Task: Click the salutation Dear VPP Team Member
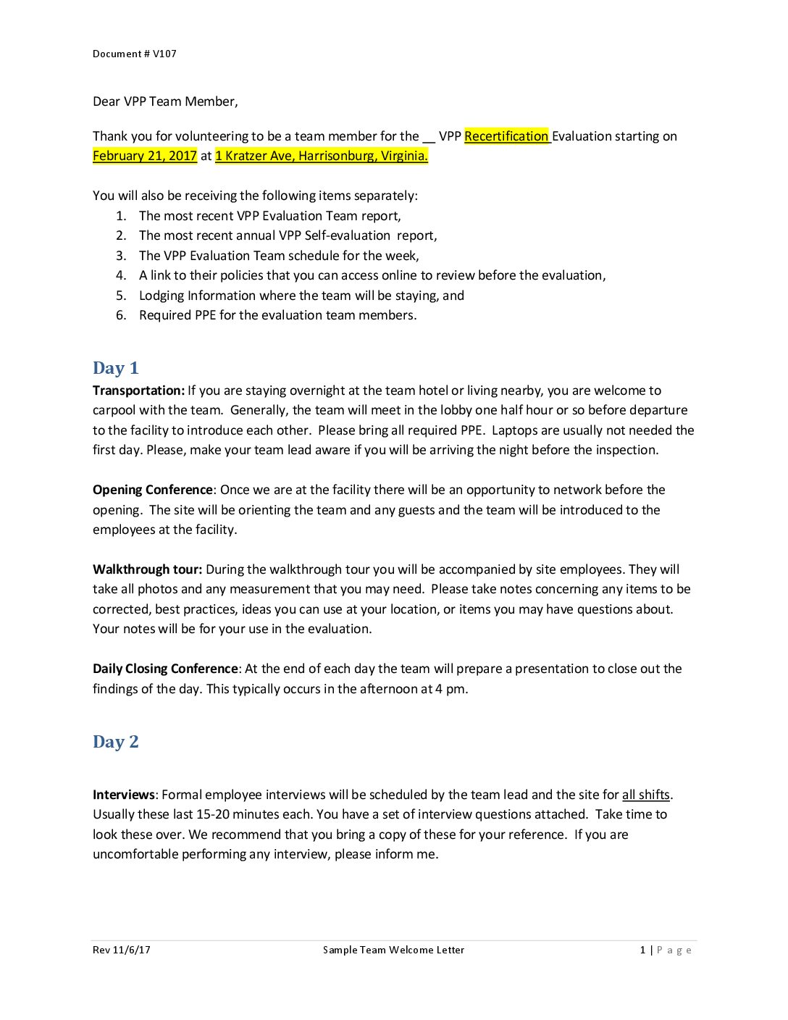(165, 101)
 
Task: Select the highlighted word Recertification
(506, 136)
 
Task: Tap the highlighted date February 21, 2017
(145, 156)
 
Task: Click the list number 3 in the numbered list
(121, 256)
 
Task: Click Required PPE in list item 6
(177, 315)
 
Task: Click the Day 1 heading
(115, 368)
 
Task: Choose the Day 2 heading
(115, 742)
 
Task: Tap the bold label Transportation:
(138, 390)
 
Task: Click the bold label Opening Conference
(153, 490)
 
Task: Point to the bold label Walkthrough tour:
(147, 569)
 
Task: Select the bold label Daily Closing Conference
(165, 669)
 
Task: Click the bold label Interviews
(124, 795)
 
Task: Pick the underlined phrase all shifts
(645, 795)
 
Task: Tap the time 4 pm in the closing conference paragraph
(450, 689)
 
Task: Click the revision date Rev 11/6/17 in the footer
(122, 950)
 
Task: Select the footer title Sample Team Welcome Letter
(393, 950)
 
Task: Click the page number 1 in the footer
(642, 950)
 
